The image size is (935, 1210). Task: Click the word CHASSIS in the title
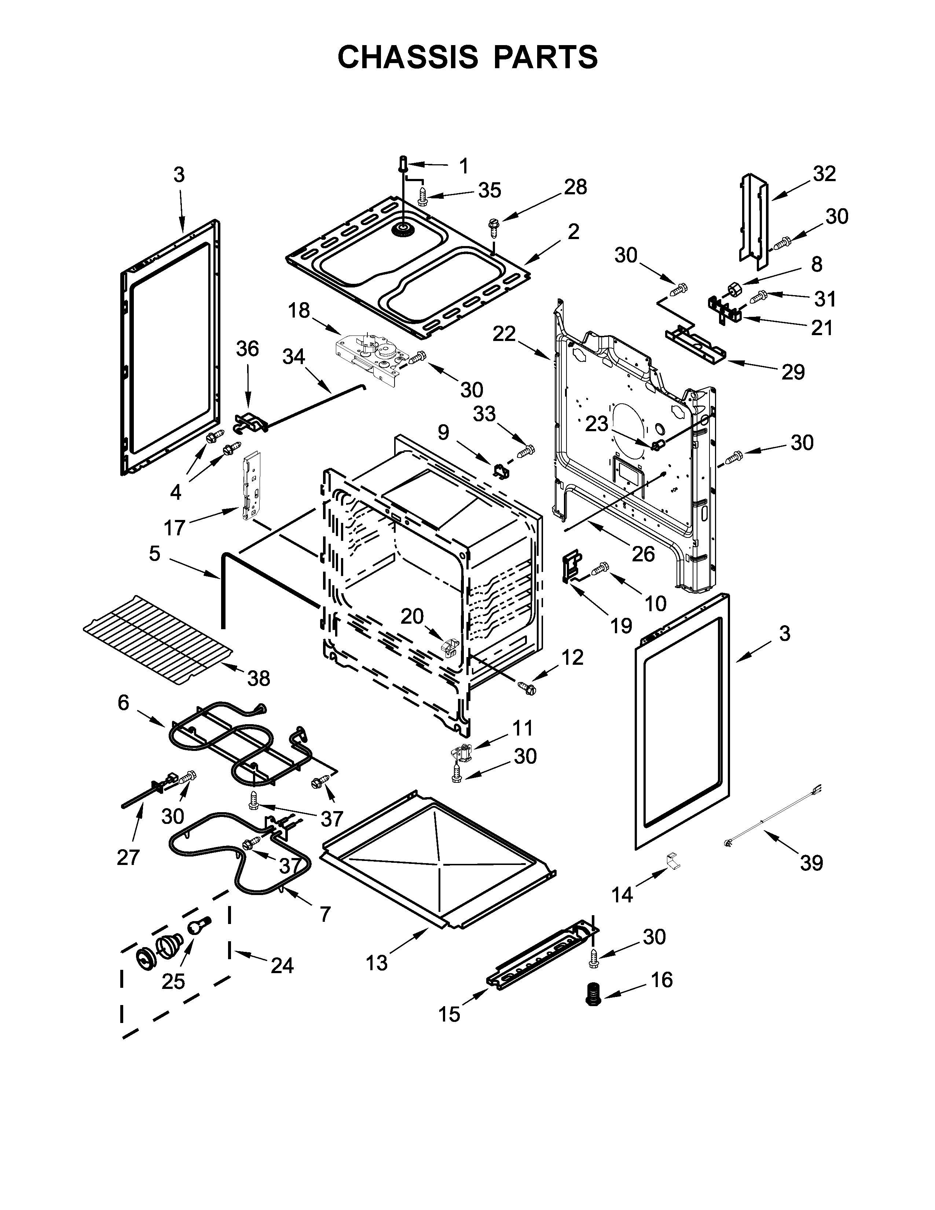[x=408, y=57]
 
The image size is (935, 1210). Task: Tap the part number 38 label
[x=258, y=678]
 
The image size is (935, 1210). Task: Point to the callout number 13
[x=377, y=964]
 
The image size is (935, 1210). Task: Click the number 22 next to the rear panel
[x=504, y=334]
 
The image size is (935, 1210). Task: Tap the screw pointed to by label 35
[x=423, y=197]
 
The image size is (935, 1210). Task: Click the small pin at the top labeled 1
[x=403, y=164]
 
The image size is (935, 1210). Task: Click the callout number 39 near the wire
[x=811, y=863]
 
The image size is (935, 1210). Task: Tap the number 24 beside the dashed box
[x=282, y=966]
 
